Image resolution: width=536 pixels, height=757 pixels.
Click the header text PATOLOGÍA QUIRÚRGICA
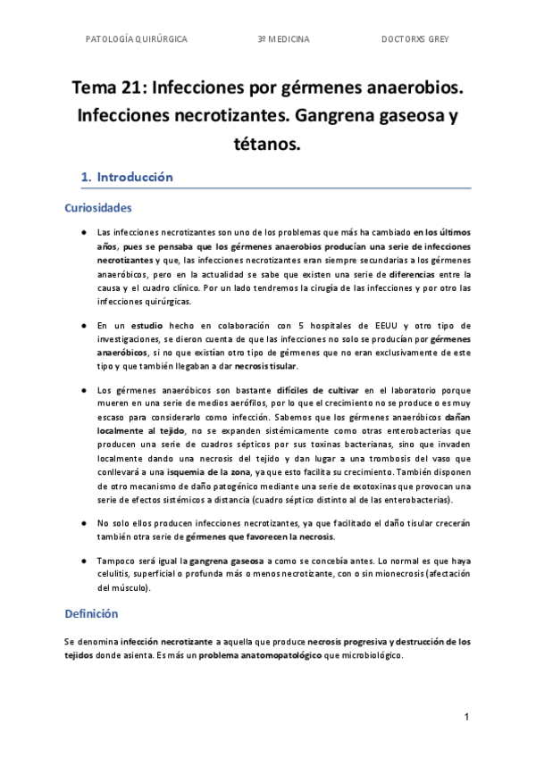[135, 39]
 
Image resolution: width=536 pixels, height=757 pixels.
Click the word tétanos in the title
[267, 143]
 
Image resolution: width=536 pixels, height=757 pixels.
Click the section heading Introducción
[135, 178]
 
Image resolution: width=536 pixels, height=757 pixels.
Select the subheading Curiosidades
[98, 208]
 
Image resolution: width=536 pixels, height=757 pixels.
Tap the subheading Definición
[91, 614]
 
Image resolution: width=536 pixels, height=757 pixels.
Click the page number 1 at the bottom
[466, 718]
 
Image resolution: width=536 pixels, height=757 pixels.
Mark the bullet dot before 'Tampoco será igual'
[82, 560]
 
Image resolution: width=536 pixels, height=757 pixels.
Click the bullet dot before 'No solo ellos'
[82, 523]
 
